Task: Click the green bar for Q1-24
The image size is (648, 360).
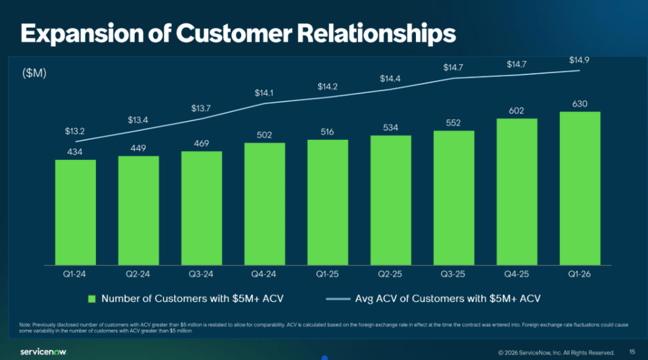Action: [x=75, y=212]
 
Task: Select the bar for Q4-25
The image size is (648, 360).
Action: [x=517, y=191]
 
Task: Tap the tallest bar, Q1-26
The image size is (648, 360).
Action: [x=580, y=188]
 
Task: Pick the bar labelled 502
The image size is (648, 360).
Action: [x=265, y=203]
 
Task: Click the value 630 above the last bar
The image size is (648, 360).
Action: [x=580, y=104]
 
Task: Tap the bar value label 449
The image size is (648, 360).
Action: [x=138, y=148]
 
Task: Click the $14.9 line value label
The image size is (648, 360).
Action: [x=580, y=60]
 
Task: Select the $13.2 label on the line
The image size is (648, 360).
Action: [x=75, y=132]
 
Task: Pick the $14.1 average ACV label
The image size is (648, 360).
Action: [x=265, y=94]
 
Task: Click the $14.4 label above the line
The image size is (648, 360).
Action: [x=390, y=79]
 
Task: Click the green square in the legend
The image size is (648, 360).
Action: [x=92, y=299]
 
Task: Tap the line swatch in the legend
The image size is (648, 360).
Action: [x=337, y=299]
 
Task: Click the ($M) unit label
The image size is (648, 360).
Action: [x=34, y=73]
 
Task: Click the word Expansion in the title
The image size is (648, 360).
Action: [x=70, y=34]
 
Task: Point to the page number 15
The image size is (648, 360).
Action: [x=632, y=352]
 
